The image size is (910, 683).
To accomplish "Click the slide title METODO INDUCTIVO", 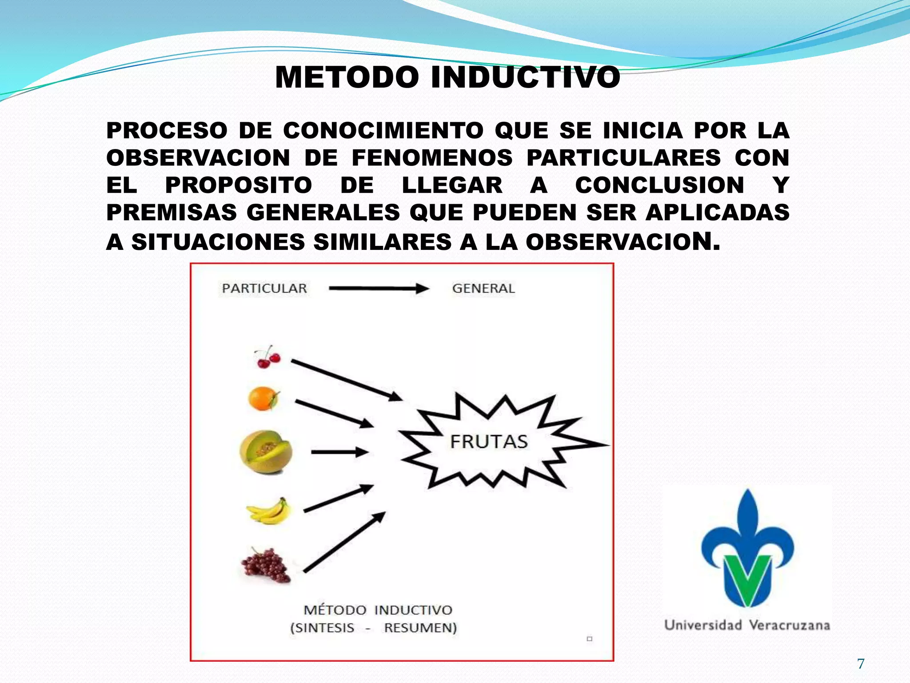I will click(x=447, y=77).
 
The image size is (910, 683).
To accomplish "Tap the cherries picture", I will click(x=267, y=357).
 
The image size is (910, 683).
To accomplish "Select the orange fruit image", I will click(x=264, y=398).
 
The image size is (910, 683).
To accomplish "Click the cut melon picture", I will click(x=266, y=452).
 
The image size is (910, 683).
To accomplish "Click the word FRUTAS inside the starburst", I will click(x=489, y=442).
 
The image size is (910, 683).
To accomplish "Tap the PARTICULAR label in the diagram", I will click(x=264, y=289).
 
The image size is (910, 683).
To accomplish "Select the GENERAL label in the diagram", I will click(x=483, y=289).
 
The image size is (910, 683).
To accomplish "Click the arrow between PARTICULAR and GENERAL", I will click(x=379, y=289).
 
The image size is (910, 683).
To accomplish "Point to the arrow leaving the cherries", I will click(x=346, y=380).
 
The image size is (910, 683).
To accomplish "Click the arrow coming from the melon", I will click(x=339, y=452).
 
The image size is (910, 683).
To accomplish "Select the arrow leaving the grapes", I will click(x=344, y=542).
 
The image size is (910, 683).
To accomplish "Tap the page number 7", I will click(x=861, y=664).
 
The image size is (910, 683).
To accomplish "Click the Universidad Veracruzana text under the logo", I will click(x=747, y=625).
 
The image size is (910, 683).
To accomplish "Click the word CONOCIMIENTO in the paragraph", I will click(x=383, y=131).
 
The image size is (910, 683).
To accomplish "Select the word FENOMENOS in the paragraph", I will click(x=432, y=158).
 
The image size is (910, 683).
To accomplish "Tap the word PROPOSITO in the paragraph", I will click(x=239, y=185).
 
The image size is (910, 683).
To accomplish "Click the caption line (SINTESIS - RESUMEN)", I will click(x=373, y=628).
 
